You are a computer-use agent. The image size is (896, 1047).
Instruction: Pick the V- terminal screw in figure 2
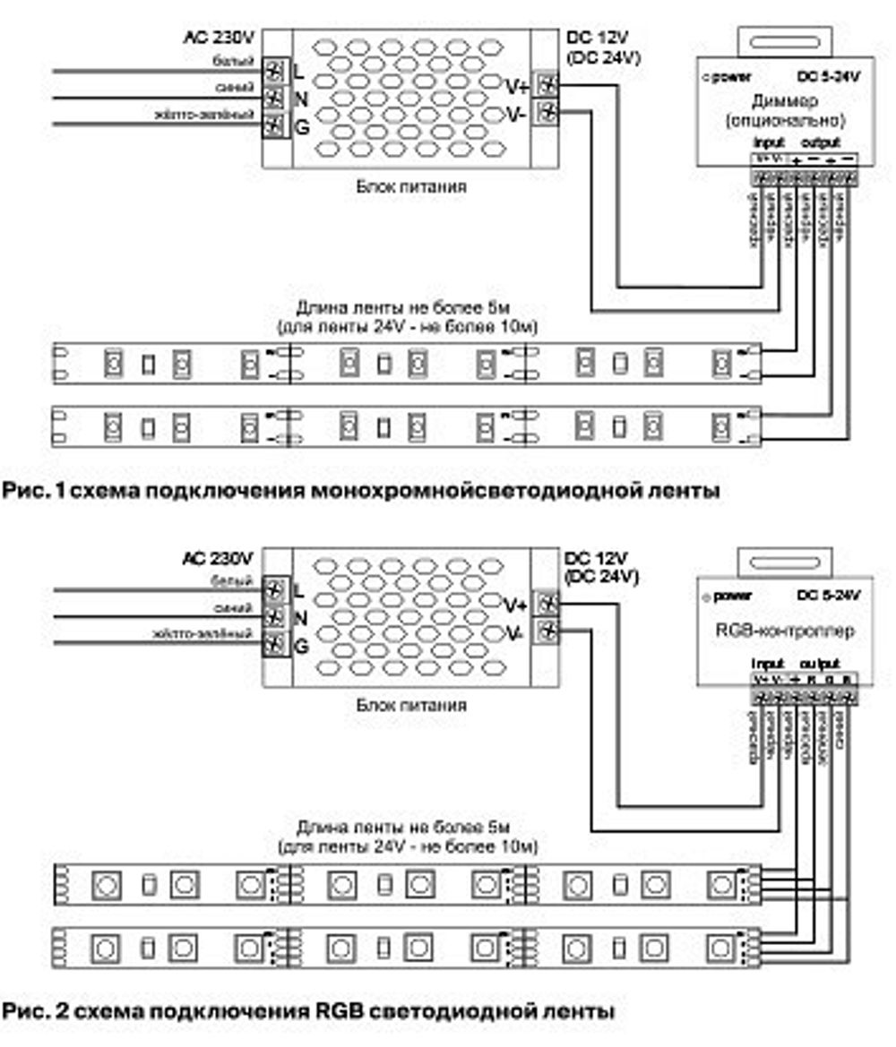coord(546,631)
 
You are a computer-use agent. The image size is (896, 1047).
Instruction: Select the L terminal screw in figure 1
coord(276,70)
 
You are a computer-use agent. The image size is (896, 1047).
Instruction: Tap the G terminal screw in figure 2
coord(276,643)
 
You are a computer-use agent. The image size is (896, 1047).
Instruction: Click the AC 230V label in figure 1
coord(219,38)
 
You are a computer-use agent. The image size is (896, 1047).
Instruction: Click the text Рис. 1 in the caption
coord(28,491)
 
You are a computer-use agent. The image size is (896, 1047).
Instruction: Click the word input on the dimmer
coord(769,142)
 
